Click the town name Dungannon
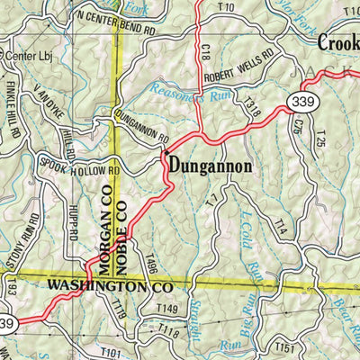click(208, 166)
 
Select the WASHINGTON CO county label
click(109, 285)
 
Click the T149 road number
click(166, 310)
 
